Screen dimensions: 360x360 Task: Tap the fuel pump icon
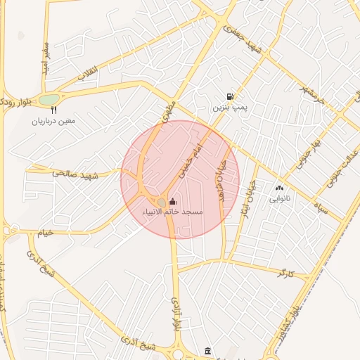click(230, 97)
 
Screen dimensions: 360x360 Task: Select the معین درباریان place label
click(52, 121)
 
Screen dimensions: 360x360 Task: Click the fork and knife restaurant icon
click(53, 110)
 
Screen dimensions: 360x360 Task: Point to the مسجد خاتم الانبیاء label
click(173, 212)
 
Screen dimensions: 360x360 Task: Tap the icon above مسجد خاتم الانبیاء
click(173, 202)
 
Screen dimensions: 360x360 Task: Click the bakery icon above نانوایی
click(279, 188)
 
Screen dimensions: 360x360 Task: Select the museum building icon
click(207, 351)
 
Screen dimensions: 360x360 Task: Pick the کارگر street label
click(285, 271)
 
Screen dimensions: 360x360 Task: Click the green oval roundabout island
click(49, 100)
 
